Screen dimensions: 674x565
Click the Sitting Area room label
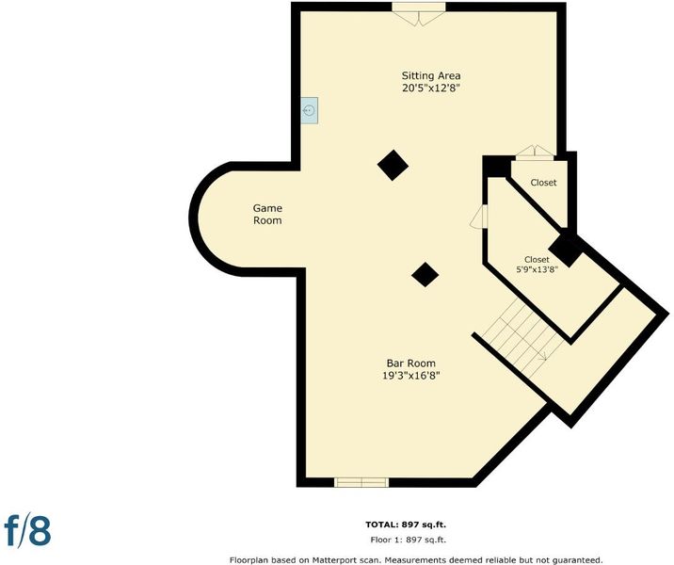pyautogui.click(x=431, y=75)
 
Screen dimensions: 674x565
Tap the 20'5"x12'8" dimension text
pyautogui.click(x=431, y=89)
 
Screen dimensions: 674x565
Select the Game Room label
pyautogui.click(x=267, y=214)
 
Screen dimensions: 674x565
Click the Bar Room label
pyautogui.click(x=411, y=363)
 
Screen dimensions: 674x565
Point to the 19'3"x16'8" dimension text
pyautogui.click(x=411, y=376)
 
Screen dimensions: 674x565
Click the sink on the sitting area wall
pyautogui.click(x=310, y=110)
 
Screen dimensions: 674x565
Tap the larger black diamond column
pyautogui.click(x=393, y=165)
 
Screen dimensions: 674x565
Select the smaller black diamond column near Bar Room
pyautogui.click(x=425, y=274)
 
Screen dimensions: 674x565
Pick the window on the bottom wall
pyautogui.click(x=361, y=482)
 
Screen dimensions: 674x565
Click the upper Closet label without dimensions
pyautogui.click(x=543, y=183)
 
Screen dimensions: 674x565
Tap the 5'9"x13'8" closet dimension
pyautogui.click(x=537, y=270)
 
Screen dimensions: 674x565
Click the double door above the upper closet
pyautogui.click(x=535, y=153)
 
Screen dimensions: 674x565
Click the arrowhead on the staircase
pyautogui.click(x=544, y=356)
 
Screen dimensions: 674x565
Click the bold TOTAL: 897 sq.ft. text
pyautogui.click(x=406, y=525)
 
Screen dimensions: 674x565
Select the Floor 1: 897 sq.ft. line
pyautogui.click(x=408, y=541)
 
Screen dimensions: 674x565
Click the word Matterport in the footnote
pyautogui.click(x=335, y=560)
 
